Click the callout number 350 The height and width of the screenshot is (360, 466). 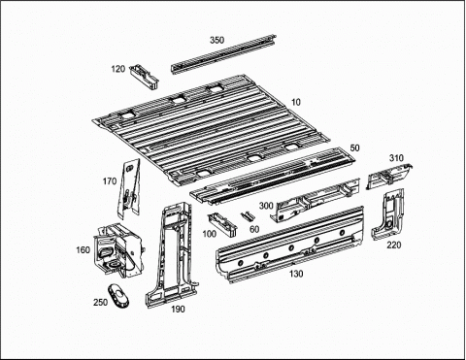pos(216,40)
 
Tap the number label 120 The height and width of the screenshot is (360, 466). pos(118,69)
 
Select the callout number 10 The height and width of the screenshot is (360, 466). pos(296,102)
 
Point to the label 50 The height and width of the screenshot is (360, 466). pos(355,148)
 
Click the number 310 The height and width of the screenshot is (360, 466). pos(396,158)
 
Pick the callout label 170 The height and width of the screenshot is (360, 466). pos(110,181)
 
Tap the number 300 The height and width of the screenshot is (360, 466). pos(266,206)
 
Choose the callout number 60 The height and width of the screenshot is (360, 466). pos(254,229)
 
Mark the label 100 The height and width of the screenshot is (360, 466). pos(210,234)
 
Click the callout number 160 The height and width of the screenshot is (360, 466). pos(83,250)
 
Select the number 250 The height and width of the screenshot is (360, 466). pos(100,303)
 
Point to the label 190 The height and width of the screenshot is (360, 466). pos(178,310)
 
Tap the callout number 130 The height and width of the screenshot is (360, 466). pos(296,274)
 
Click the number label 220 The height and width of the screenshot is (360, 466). pos(394,245)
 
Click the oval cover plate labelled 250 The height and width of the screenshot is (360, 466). pos(118,296)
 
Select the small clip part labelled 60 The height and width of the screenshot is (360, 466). pos(248,215)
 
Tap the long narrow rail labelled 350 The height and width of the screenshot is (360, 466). pos(223,54)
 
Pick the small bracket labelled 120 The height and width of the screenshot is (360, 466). pos(144,76)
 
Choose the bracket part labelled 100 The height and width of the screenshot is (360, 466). pos(222,224)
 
